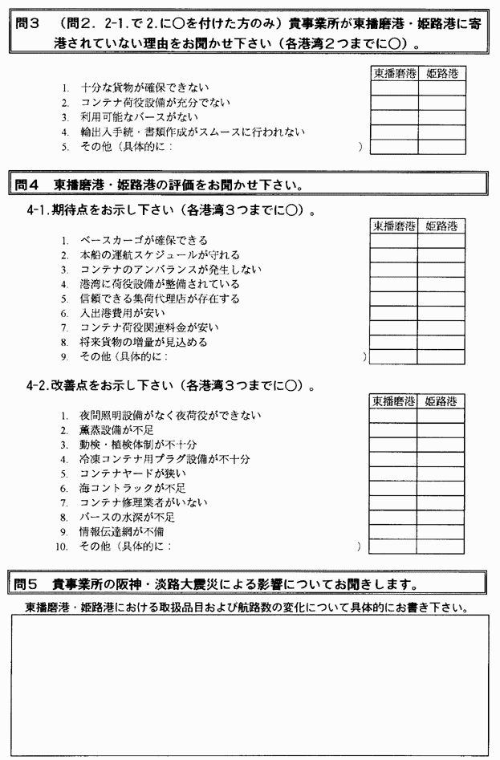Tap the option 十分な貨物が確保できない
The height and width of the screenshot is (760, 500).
tap(140, 88)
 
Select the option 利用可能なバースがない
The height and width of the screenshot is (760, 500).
tap(133, 117)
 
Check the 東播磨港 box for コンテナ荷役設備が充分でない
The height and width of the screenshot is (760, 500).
tap(394, 103)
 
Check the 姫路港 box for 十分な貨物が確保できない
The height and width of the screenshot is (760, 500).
tap(441, 88)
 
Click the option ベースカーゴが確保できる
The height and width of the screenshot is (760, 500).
tap(144, 240)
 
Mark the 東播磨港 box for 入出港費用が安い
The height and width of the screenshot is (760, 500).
tap(393, 313)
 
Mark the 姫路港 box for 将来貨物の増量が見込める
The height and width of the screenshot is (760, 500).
tap(441, 342)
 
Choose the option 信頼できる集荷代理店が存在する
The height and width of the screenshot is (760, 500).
tap(160, 299)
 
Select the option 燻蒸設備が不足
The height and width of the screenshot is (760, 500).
tap(117, 430)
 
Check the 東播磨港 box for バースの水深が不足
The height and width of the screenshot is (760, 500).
tap(392, 517)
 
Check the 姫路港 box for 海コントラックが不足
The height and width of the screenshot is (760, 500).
tap(441, 488)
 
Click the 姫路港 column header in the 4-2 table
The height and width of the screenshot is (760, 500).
tap(441, 401)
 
